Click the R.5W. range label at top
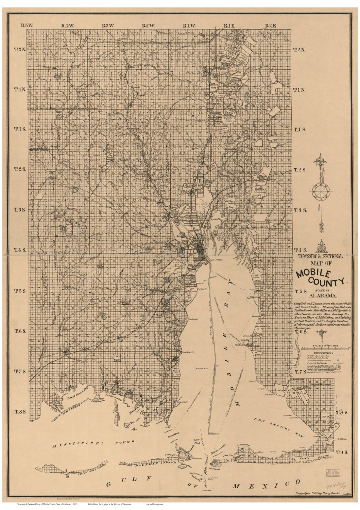(26, 25)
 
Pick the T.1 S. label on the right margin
(299, 130)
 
